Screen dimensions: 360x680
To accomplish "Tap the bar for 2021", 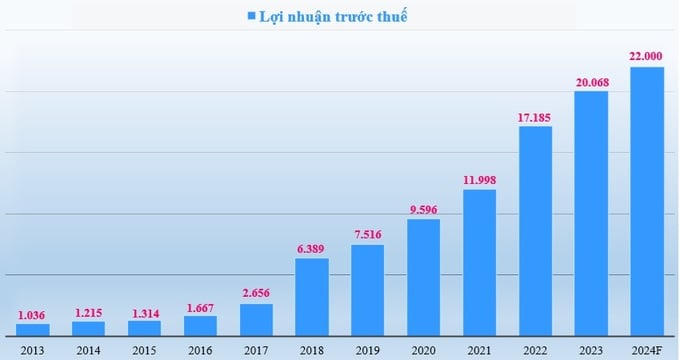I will [479, 261].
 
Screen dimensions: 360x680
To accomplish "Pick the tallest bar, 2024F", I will [647, 200].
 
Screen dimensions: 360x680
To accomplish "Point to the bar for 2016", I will [200, 325].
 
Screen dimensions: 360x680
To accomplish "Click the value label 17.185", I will [535, 118].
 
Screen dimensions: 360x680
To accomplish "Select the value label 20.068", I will [591, 82].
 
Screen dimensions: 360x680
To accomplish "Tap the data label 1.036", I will [33, 315].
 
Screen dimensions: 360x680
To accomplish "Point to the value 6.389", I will [312, 249].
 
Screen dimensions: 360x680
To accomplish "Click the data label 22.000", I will [647, 58].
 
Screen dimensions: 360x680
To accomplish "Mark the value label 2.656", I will [256, 294].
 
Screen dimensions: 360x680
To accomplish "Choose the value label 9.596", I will [423, 210].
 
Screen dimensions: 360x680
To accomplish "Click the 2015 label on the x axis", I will [144, 350].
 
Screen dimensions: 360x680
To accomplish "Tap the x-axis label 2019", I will [368, 350].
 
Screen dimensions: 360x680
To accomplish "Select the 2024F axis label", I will [647, 350].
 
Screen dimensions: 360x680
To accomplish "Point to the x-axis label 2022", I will [535, 350].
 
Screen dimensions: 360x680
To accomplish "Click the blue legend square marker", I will [251, 17].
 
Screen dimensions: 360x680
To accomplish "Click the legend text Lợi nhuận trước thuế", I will [333, 16].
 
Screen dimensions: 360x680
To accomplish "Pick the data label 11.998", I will [479, 180].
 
